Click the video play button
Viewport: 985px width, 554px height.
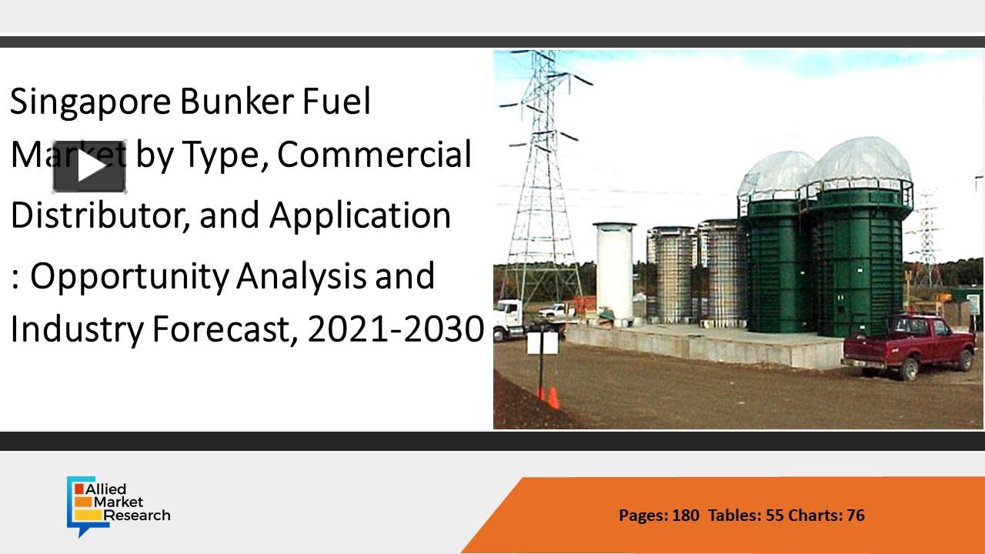pos(89,167)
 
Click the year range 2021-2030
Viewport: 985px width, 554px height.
pos(396,330)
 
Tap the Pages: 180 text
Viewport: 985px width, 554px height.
pos(659,516)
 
